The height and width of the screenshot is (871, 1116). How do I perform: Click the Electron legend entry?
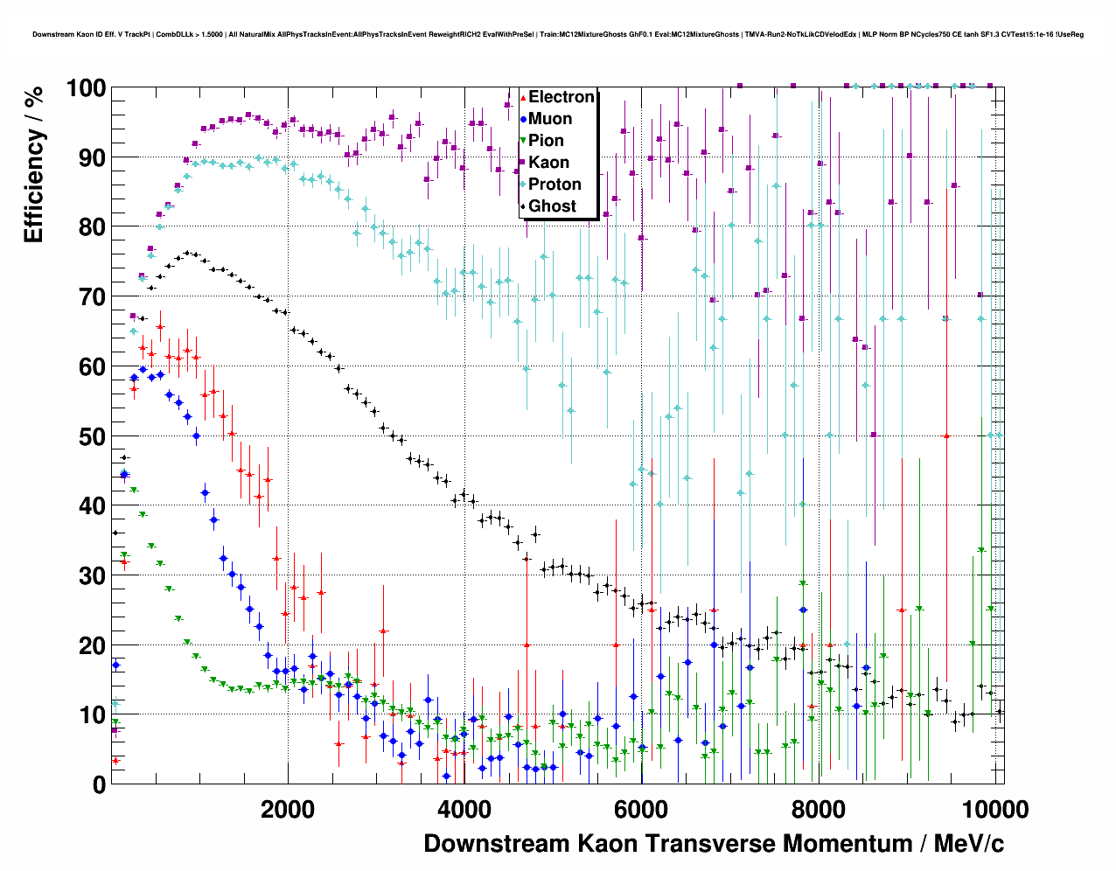[561, 97]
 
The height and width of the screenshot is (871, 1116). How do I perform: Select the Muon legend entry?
[550, 119]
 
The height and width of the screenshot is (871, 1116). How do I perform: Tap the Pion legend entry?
[546, 141]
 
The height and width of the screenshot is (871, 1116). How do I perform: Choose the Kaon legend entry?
[548, 163]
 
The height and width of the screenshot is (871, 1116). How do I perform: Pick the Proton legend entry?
[555, 185]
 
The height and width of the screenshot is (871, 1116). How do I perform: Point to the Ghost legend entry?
[552, 206]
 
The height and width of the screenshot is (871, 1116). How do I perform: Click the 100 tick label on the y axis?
[86, 88]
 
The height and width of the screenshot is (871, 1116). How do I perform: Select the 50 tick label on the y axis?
[92, 436]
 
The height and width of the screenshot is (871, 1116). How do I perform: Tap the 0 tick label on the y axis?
[99, 785]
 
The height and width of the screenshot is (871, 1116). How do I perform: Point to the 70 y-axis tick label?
[92, 297]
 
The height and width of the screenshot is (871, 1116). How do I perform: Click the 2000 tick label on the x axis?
[288, 810]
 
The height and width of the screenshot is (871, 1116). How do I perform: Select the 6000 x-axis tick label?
[641, 810]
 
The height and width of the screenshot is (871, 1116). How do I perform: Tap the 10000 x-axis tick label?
[994, 810]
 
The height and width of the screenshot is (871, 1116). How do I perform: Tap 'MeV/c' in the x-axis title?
[968, 844]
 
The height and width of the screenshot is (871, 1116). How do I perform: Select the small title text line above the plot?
[558, 35]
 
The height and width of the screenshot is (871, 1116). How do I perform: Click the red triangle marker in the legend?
[523, 97]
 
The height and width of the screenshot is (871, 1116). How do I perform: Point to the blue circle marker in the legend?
[523, 119]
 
